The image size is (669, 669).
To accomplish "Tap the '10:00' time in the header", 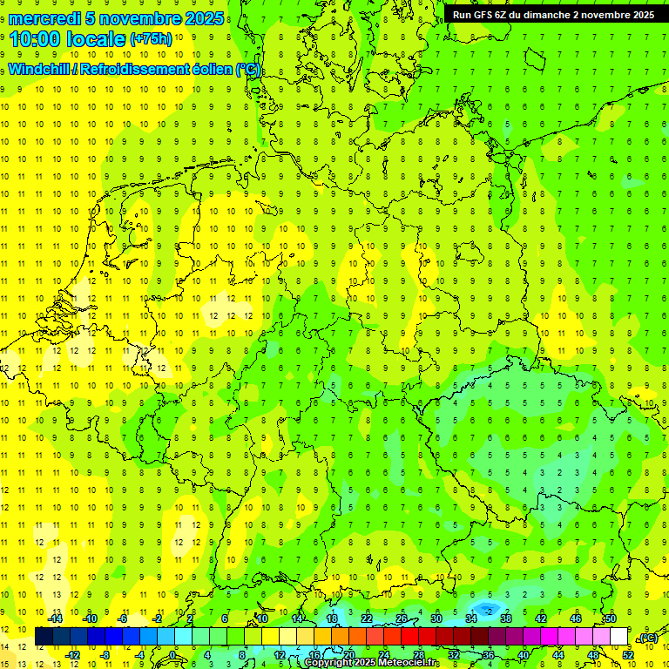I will (37, 40).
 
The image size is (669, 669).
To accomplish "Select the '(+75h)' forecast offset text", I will (152, 39).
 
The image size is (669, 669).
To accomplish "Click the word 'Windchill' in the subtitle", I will (40, 69).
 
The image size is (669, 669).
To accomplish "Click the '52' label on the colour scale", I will (628, 654).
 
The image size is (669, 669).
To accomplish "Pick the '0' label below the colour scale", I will (173, 654).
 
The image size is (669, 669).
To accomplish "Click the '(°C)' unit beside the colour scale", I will (648, 638).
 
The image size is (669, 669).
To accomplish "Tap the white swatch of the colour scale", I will (618, 637).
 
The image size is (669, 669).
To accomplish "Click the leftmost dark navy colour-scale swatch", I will (44, 637).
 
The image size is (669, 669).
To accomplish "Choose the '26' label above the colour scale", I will (402, 618).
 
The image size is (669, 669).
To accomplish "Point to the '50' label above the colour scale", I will (611, 618).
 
